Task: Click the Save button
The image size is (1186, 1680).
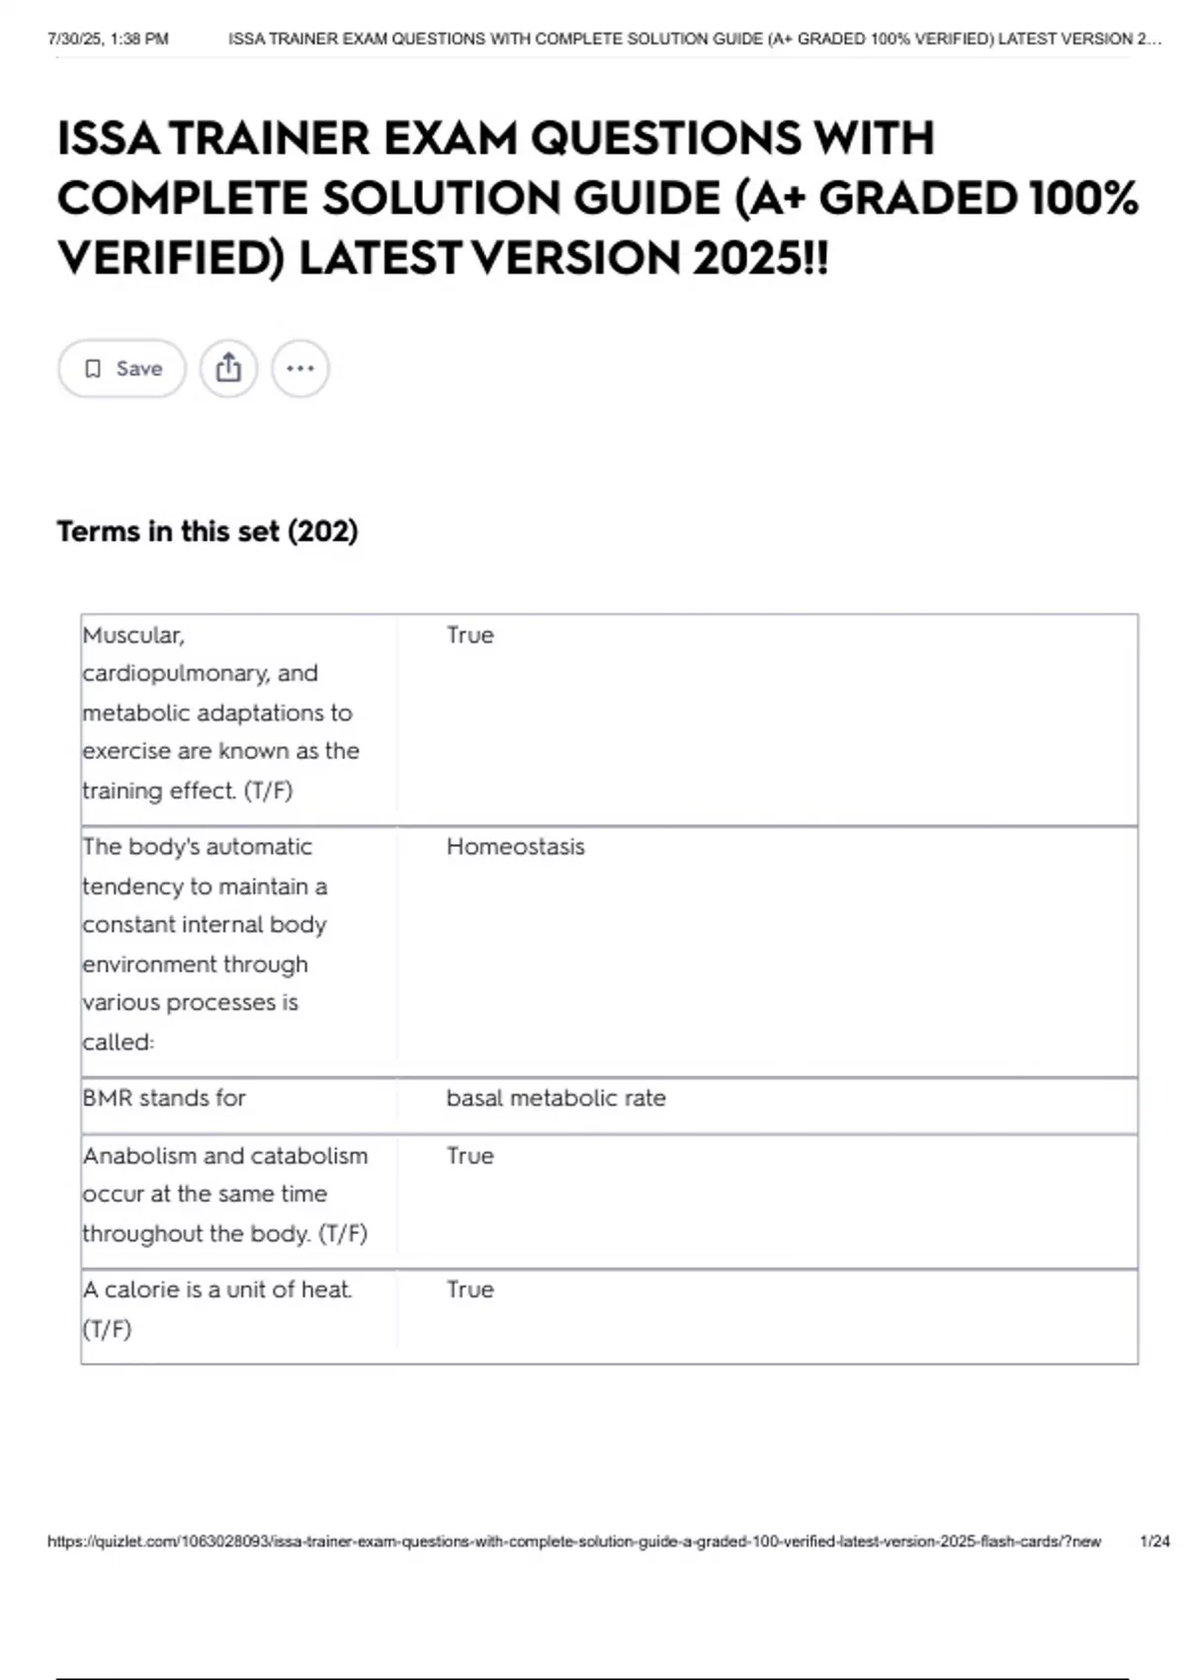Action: (x=122, y=369)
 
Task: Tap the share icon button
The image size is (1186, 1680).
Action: (x=228, y=369)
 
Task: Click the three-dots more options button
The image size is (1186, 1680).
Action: (x=299, y=369)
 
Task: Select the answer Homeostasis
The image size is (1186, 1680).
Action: (x=515, y=847)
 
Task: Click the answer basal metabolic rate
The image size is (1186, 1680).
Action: (x=555, y=1098)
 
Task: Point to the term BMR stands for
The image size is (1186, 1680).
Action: (x=164, y=1098)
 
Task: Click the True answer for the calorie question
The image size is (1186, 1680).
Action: (x=469, y=1290)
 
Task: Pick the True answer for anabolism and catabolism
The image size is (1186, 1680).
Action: (x=469, y=1155)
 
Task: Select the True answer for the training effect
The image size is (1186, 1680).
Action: (x=469, y=634)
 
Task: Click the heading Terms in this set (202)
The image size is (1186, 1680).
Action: (x=208, y=532)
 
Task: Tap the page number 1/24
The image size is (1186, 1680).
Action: (x=1154, y=1542)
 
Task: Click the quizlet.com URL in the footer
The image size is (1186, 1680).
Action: (x=573, y=1542)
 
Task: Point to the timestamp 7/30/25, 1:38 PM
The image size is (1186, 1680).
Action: (x=108, y=40)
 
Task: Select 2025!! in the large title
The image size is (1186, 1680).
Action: (x=760, y=259)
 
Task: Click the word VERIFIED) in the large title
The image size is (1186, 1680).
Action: (x=171, y=259)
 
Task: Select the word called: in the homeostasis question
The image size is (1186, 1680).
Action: (x=118, y=1042)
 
